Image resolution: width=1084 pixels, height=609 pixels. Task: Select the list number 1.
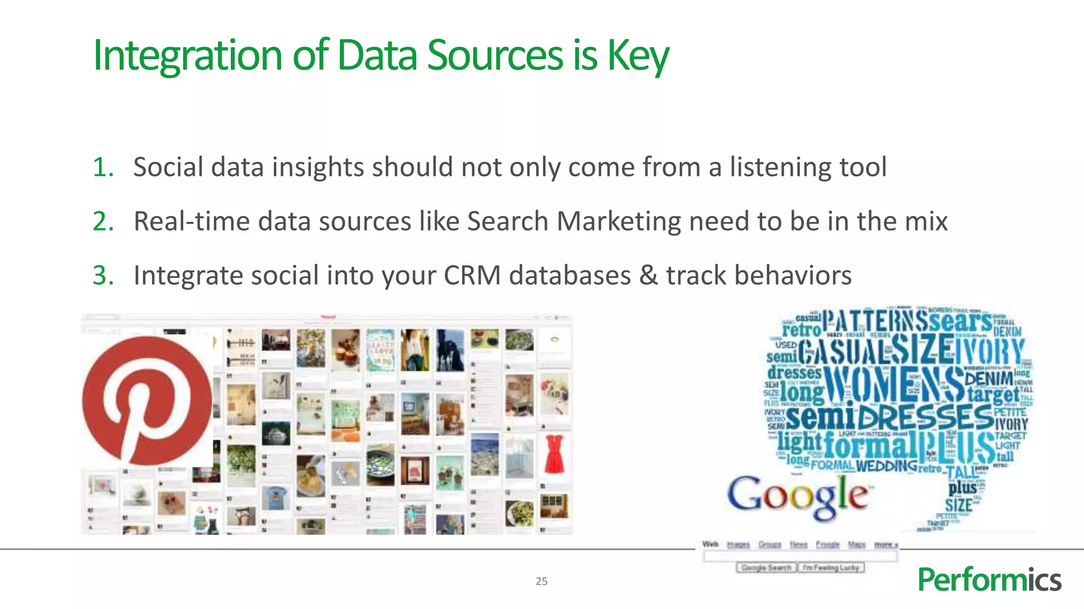(x=103, y=168)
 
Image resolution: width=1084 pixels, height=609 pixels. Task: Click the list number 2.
(x=103, y=222)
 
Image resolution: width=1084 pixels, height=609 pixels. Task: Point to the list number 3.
(x=103, y=275)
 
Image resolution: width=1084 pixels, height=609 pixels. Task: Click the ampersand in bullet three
(x=648, y=275)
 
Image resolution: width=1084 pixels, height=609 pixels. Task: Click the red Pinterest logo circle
(x=147, y=401)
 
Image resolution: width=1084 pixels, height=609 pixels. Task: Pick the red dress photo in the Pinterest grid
(x=554, y=454)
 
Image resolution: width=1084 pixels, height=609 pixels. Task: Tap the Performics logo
(x=989, y=579)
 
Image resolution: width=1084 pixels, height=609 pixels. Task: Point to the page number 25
(x=541, y=582)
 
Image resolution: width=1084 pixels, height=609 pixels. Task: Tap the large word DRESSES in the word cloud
(x=925, y=418)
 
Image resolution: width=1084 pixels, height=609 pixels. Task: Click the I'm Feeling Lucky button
(x=831, y=568)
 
